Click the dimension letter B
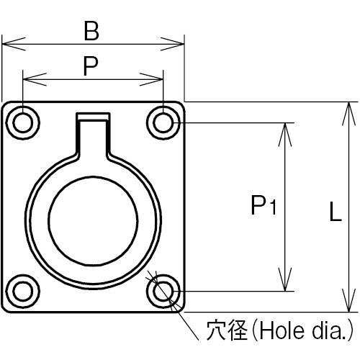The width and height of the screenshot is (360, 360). click(91, 31)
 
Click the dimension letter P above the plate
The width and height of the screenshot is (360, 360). click(91, 66)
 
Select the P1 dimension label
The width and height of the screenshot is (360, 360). click(264, 205)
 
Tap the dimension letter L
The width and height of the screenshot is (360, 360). click(336, 212)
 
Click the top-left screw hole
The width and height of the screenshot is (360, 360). click(23, 122)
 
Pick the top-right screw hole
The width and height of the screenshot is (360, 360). click(163, 122)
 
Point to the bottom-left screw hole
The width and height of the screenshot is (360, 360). click(23, 291)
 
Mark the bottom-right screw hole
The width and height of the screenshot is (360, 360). click(163, 291)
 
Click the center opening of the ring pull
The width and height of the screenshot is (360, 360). click(93, 221)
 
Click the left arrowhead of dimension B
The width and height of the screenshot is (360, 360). click(14, 44)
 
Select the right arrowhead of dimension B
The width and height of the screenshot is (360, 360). click(172, 44)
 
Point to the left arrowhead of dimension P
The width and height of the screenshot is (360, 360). click(35, 79)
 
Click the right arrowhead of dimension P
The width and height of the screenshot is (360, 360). click(151, 79)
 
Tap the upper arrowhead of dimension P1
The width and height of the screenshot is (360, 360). click(285, 135)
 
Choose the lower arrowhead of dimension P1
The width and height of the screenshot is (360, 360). click(285, 279)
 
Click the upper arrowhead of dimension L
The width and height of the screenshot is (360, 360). click(348, 114)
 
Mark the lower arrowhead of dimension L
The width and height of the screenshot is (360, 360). click(348, 300)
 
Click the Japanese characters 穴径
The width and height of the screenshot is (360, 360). click(227, 330)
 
